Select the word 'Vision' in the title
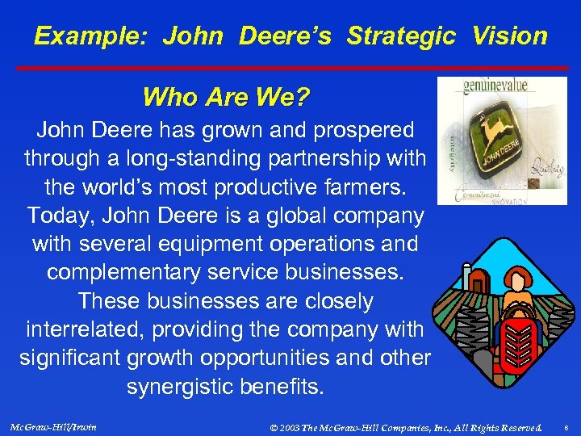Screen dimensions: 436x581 click(x=510, y=36)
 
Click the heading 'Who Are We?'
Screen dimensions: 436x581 click(x=226, y=98)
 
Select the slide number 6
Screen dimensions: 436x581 click(x=566, y=426)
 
